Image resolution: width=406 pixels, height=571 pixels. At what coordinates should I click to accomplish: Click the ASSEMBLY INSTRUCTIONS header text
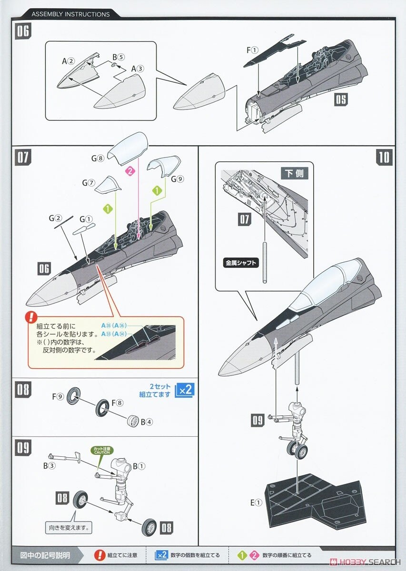(70, 14)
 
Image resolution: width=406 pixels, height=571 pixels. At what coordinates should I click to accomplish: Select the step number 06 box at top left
(22, 32)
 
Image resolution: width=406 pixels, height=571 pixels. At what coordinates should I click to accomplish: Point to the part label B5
(119, 57)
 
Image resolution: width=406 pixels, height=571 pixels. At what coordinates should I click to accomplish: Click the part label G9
(177, 179)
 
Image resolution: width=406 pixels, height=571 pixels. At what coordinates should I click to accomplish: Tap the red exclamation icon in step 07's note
(31, 316)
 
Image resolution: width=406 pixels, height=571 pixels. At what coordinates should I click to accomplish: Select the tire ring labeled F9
(73, 395)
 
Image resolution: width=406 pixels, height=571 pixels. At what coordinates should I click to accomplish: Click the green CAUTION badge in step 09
(101, 450)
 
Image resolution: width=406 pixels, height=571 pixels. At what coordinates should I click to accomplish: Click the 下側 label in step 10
(297, 173)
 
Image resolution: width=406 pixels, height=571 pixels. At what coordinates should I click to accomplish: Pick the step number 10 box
(384, 157)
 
